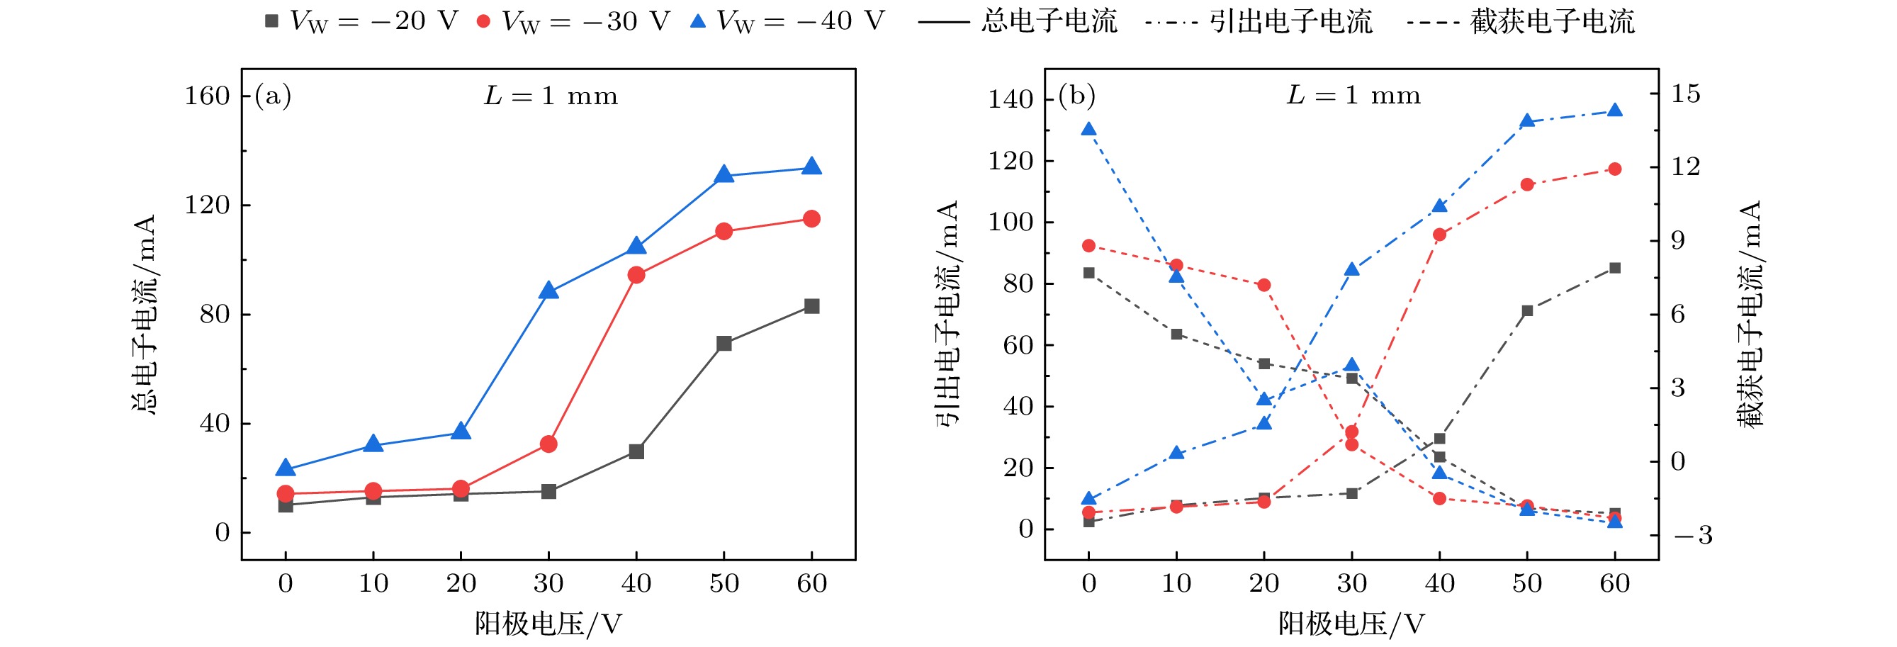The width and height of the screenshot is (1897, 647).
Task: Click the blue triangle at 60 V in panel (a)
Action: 811,167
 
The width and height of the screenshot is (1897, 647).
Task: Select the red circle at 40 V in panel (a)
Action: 636,275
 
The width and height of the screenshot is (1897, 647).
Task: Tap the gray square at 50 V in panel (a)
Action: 724,344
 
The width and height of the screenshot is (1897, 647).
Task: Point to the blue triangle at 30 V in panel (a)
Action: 548,291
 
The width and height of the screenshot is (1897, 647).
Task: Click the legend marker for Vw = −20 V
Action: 271,21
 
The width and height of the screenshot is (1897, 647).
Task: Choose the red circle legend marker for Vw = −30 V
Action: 483,21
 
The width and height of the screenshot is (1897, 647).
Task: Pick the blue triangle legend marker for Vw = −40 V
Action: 697,21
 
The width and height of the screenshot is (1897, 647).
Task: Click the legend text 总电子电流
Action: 1049,21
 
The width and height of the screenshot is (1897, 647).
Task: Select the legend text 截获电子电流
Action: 1553,21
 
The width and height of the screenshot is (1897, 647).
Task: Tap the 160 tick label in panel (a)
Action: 207,96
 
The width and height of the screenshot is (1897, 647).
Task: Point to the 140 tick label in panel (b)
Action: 1011,99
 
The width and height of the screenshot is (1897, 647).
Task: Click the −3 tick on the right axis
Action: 1691,535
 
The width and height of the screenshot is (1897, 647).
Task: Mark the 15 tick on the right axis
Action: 1685,94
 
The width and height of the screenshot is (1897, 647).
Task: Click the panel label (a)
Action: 273,96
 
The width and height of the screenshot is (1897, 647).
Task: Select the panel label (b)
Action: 1076,96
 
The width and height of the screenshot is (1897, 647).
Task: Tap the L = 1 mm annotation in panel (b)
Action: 1353,96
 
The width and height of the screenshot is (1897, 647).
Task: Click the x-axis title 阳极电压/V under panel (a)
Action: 548,624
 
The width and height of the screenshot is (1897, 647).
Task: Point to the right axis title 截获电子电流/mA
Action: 1751,315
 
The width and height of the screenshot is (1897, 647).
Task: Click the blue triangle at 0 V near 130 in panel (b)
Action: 1088,130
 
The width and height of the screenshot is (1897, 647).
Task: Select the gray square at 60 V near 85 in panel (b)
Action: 1614,268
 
